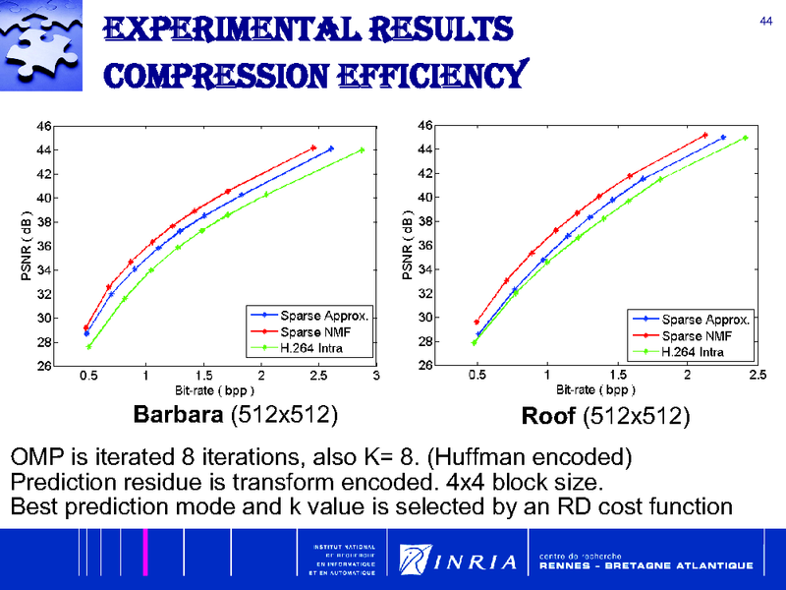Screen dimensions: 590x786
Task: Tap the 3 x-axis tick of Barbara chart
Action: click(x=376, y=375)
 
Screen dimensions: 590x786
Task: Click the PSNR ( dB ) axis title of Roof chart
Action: click(x=408, y=245)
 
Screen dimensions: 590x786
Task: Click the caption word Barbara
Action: click(x=177, y=415)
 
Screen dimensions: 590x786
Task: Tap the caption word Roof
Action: click(x=549, y=417)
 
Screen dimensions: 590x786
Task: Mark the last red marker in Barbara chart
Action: click(x=313, y=148)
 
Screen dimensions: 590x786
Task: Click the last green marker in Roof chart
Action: click(x=745, y=139)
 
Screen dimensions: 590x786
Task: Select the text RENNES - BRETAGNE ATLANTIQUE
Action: click(x=646, y=566)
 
